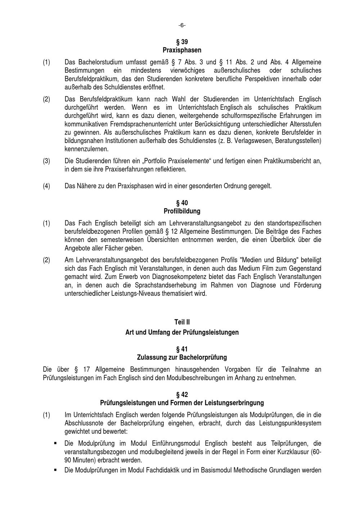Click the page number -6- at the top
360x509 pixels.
point(182,25)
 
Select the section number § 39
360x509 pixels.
point(182,42)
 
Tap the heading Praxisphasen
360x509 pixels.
point(182,50)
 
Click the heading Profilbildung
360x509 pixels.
point(182,211)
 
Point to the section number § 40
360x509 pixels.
point(182,203)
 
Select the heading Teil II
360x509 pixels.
point(182,322)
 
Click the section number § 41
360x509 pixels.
point(182,349)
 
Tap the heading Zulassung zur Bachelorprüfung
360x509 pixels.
point(182,357)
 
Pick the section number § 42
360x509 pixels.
point(182,395)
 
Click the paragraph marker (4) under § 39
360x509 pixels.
point(46,186)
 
